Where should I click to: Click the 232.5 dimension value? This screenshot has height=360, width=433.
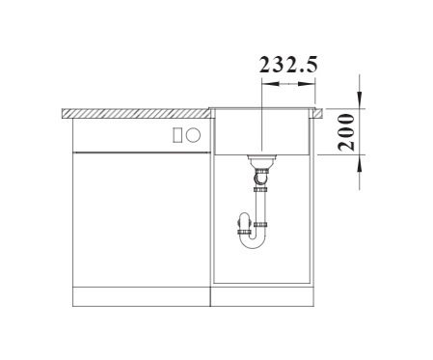[x=288, y=65]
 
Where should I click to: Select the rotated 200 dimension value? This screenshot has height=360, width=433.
[x=346, y=132]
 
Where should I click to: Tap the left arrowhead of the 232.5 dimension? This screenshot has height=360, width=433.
[x=270, y=84]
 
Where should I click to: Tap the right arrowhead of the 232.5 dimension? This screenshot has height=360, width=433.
[x=307, y=84]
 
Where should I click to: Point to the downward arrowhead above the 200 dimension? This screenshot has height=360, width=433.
[x=360, y=98]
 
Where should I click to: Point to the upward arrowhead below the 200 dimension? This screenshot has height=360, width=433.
[x=360, y=164]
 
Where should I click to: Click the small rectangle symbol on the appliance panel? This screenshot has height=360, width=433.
[x=177, y=134]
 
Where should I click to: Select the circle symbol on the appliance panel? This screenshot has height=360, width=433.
[x=194, y=134]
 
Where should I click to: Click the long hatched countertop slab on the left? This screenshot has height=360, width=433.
[x=136, y=114]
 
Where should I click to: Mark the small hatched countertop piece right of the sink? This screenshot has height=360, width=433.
[x=317, y=114]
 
